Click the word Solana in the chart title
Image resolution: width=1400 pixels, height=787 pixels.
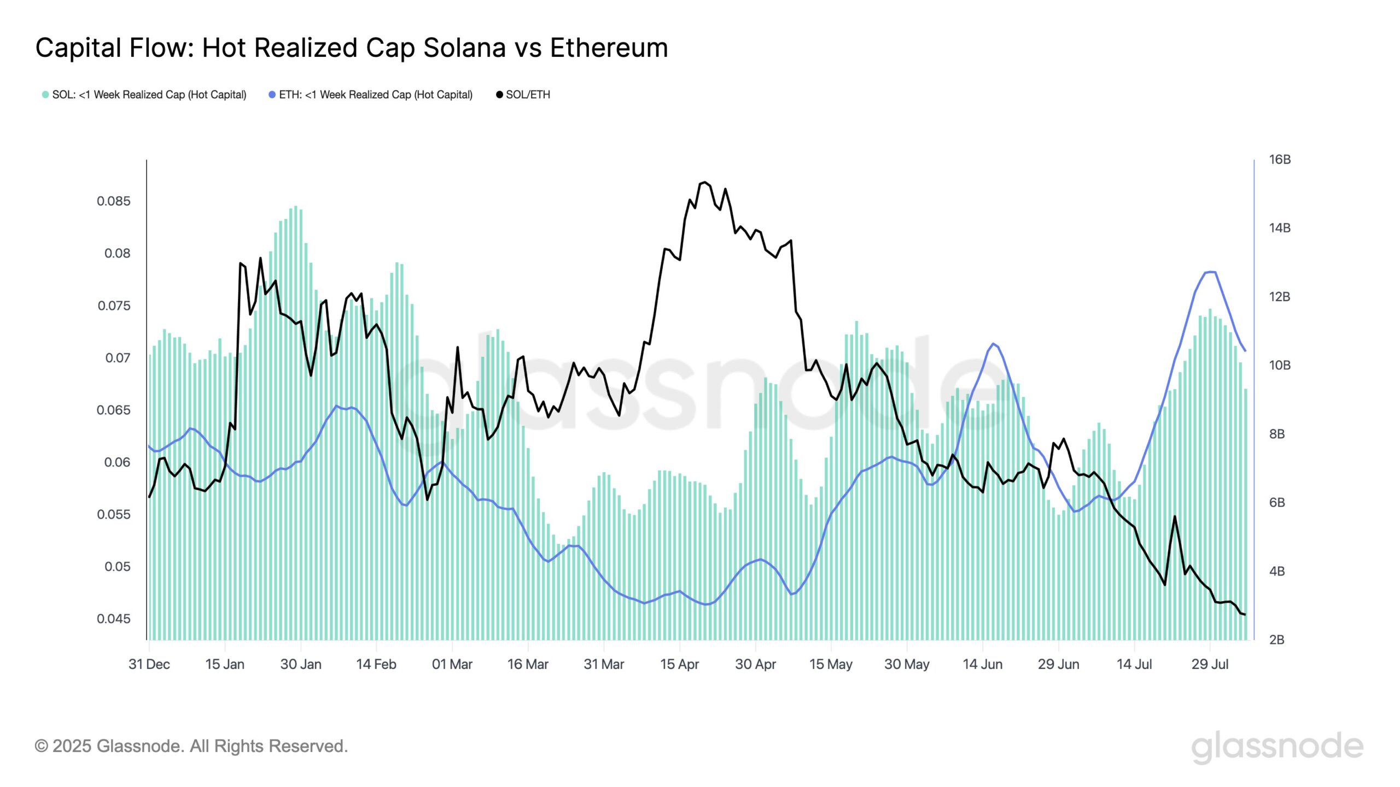coord(464,48)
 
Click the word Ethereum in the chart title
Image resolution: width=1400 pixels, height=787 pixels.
coord(609,48)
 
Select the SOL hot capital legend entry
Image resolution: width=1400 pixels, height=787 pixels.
coord(144,95)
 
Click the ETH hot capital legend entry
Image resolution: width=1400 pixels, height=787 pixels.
coord(371,95)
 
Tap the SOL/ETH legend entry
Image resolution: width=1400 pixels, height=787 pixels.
coord(523,95)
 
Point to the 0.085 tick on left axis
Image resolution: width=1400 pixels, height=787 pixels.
coord(114,201)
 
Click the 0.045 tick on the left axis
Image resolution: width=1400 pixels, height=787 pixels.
coord(114,619)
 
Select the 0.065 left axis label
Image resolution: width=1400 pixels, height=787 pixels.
coord(114,410)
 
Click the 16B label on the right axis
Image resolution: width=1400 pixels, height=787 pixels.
coord(1280,160)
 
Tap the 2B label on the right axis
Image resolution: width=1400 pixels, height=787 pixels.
coord(1277,639)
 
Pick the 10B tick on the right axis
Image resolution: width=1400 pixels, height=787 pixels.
coord(1280,365)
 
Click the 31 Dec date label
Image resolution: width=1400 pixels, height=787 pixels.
coord(149,664)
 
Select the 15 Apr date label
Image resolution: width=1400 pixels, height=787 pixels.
coord(679,664)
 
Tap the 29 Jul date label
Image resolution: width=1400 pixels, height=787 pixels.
coord(1210,664)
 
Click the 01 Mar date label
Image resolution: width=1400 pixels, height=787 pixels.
coord(452,664)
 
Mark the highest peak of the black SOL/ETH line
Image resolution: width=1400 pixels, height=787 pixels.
coord(704,183)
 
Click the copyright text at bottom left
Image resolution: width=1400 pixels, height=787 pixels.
coord(191,746)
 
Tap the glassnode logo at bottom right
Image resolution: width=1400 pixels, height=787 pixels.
coord(1277,747)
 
